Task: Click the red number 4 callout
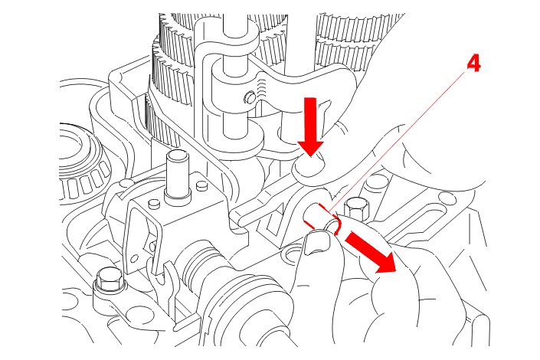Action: point(473,64)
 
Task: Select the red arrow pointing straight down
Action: point(310,126)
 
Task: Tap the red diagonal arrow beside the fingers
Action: point(372,252)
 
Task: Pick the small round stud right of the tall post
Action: point(201,186)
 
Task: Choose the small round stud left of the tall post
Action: point(155,204)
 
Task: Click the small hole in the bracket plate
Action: point(135,258)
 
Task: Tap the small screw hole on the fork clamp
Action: point(250,97)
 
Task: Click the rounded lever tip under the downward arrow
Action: point(309,167)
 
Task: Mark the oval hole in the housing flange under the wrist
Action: point(447,198)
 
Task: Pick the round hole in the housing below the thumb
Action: point(293,254)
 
